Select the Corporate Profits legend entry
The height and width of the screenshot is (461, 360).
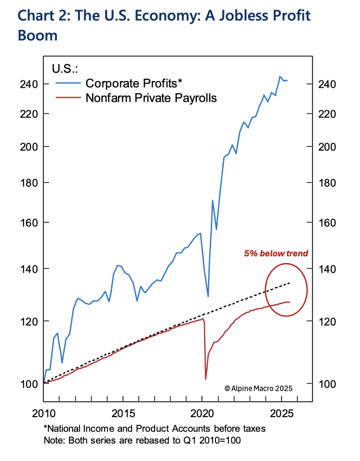(x=134, y=84)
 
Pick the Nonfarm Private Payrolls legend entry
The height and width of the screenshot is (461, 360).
(x=151, y=98)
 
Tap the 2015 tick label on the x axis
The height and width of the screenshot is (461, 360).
(x=123, y=413)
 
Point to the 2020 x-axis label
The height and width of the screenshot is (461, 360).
(x=202, y=413)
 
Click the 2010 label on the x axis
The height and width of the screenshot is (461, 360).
(x=44, y=413)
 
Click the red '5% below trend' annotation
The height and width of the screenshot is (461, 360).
(x=276, y=254)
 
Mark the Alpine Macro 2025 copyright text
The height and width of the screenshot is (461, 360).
(x=259, y=388)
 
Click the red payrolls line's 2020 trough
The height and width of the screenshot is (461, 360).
(x=206, y=379)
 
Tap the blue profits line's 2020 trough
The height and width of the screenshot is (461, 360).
(x=208, y=296)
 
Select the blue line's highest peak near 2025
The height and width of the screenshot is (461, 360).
(x=280, y=76)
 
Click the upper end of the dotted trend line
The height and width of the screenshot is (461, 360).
(x=290, y=283)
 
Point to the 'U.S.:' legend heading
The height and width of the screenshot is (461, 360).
(x=65, y=69)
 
